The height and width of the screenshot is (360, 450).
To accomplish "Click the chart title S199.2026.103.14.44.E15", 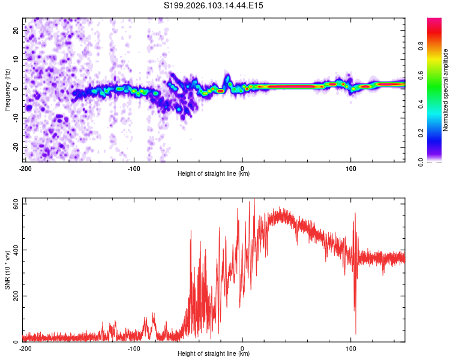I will (x=214, y=5).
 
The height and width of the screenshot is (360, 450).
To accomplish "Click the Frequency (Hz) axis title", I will (x=7, y=89).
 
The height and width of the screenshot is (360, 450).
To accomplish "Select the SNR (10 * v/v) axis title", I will (x=7, y=270).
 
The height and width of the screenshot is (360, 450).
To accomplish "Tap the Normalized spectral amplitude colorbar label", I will (x=446, y=90).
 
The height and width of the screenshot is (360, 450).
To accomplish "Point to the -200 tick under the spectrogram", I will (x=25, y=168).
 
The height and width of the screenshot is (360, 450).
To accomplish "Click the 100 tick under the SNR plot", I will (x=350, y=348).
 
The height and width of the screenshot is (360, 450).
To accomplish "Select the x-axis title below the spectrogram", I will (x=214, y=174).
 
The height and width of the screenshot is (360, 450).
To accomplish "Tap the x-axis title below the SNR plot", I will (x=214, y=354).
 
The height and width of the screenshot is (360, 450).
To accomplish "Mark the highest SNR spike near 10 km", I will (x=254, y=200).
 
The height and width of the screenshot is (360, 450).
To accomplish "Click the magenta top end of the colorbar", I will (x=434, y=20).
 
